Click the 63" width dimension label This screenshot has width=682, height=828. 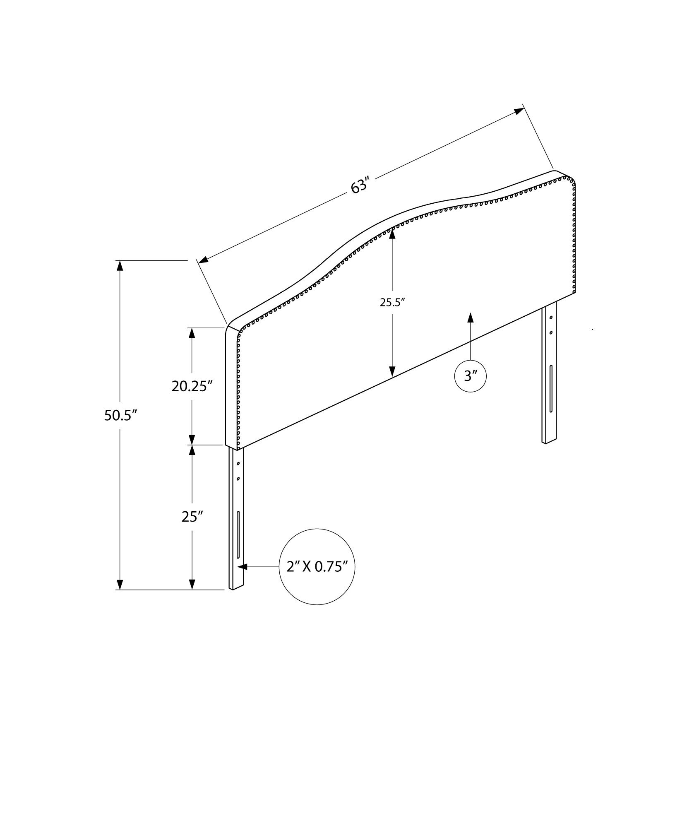tap(359, 186)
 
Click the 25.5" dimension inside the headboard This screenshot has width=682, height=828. tap(392, 303)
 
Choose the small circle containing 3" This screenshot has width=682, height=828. tap(471, 376)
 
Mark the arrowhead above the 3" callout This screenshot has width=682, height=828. tap(471, 318)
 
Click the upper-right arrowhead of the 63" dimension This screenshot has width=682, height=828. tap(519, 111)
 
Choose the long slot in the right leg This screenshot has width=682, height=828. tap(551, 389)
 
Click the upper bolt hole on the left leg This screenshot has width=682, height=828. tap(238, 464)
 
